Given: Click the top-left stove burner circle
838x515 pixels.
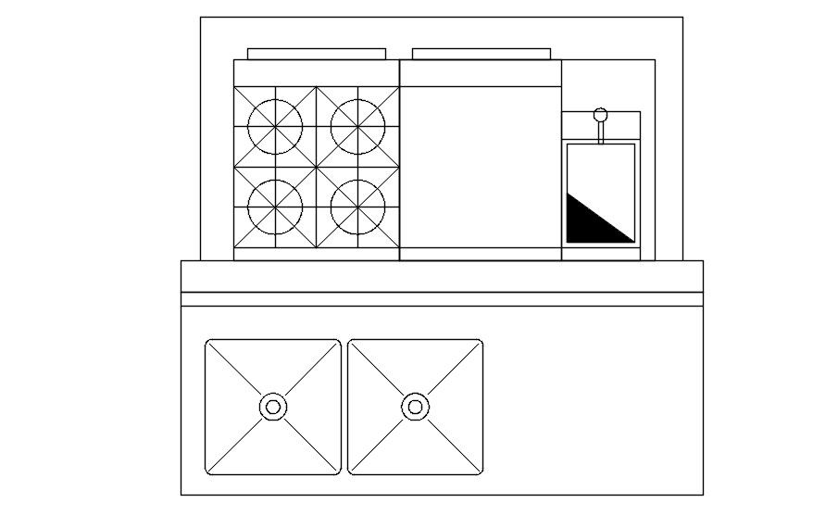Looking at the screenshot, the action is point(275,126).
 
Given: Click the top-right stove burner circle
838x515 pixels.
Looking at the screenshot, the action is point(357,126).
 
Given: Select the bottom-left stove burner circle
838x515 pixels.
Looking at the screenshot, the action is point(275,207).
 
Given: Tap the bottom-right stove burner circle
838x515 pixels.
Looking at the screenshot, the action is point(357,207).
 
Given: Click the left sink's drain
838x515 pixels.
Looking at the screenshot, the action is point(273,406).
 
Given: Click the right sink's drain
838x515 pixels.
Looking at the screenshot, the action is point(415,406).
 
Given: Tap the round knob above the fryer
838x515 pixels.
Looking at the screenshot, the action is point(600,116).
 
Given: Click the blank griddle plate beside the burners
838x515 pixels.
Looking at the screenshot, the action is point(480,167).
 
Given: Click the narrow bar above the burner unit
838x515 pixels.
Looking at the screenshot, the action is point(316,54).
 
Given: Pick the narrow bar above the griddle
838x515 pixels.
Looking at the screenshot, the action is point(481,54).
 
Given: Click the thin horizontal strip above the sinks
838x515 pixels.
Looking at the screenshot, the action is point(442,298).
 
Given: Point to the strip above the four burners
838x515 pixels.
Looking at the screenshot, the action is point(316,73).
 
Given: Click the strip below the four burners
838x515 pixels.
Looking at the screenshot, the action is point(316,254).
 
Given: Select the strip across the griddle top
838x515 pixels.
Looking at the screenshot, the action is point(480,73).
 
